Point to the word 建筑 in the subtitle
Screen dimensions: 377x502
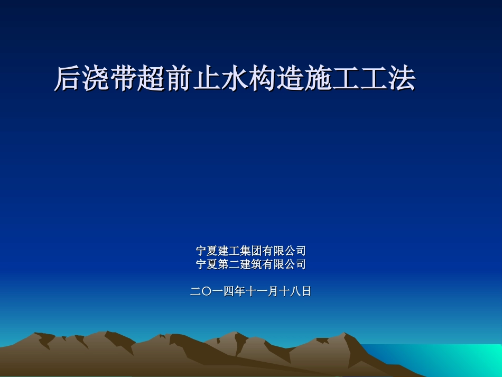(x=250, y=264)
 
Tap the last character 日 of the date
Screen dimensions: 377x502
(x=306, y=291)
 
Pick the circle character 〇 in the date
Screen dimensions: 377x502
(x=207, y=291)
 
